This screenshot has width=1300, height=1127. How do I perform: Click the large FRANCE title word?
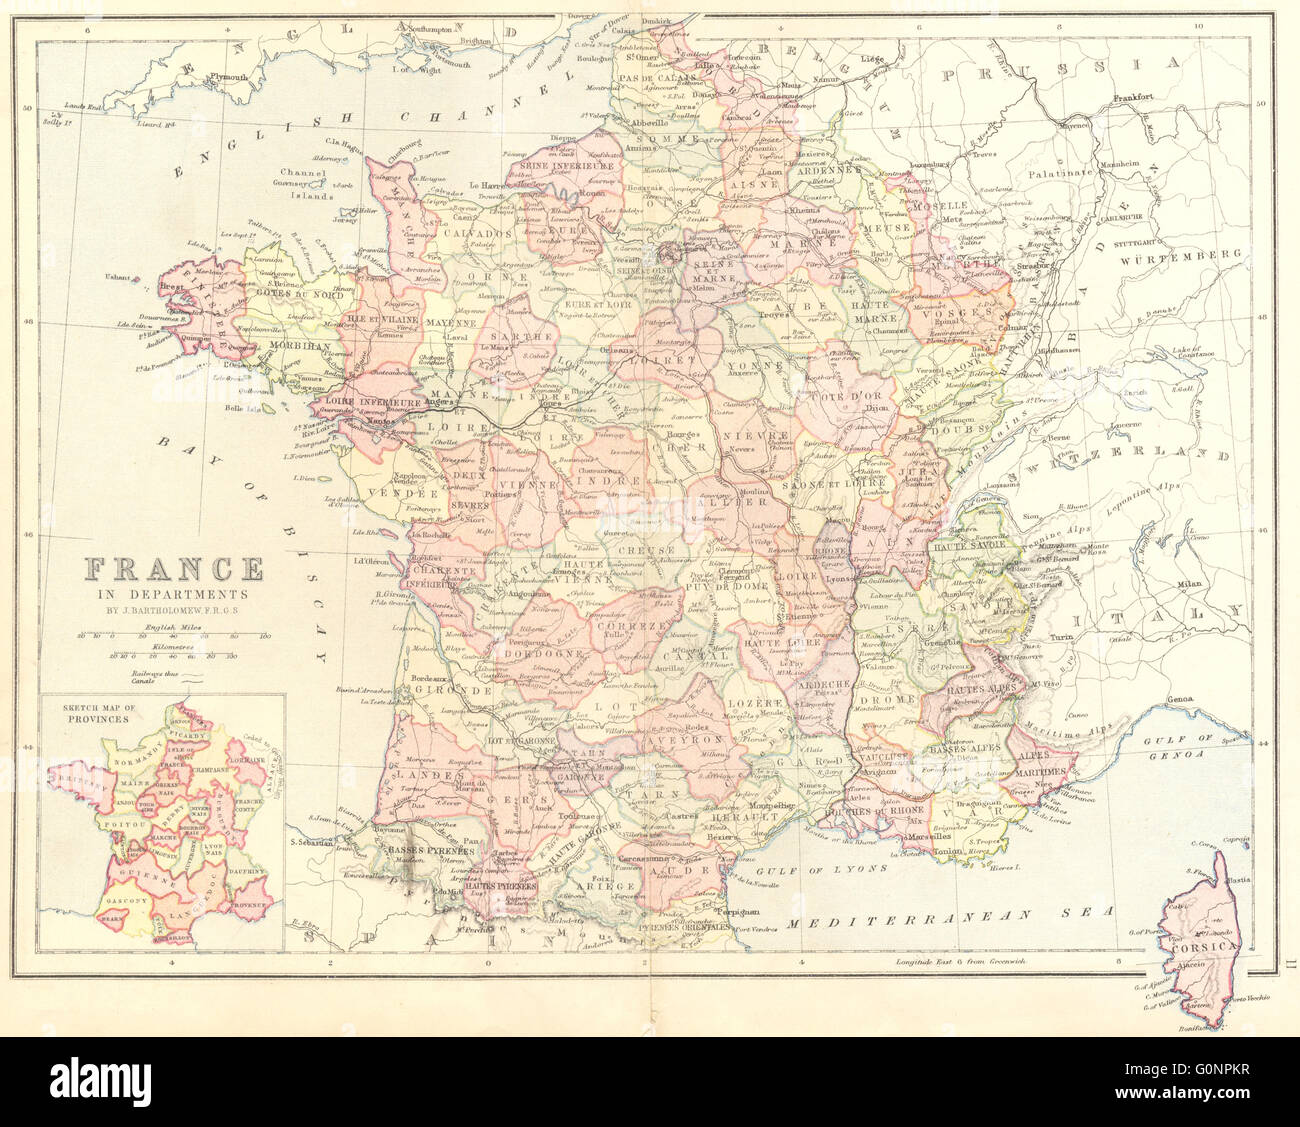point(174,569)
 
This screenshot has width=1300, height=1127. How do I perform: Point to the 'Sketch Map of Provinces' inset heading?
point(98,711)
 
